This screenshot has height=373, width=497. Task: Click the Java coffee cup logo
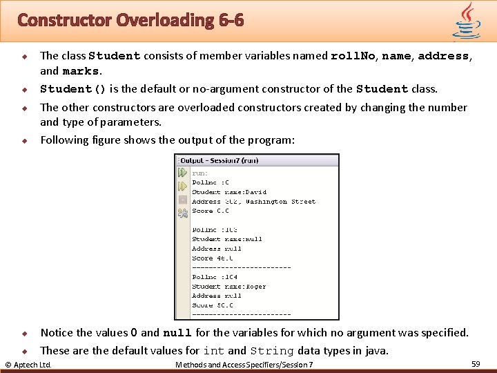click(x=467, y=20)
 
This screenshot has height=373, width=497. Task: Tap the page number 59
click(x=476, y=363)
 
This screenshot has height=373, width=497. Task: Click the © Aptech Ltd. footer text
click(x=28, y=364)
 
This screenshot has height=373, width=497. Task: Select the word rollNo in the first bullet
click(x=353, y=56)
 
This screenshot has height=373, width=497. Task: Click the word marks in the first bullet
click(x=81, y=71)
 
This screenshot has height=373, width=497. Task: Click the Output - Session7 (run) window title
click(x=219, y=160)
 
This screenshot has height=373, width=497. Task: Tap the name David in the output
click(x=255, y=192)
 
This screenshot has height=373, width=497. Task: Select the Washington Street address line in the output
click(x=253, y=202)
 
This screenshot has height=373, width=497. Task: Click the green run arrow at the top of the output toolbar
click(x=182, y=172)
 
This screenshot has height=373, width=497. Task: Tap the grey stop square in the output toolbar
click(x=182, y=200)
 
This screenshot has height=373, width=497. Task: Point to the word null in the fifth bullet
click(x=177, y=333)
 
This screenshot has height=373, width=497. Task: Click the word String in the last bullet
click(x=272, y=351)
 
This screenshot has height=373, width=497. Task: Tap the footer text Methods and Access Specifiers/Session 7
click(x=244, y=364)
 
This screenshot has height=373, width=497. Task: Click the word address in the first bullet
click(x=444, y=56)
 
